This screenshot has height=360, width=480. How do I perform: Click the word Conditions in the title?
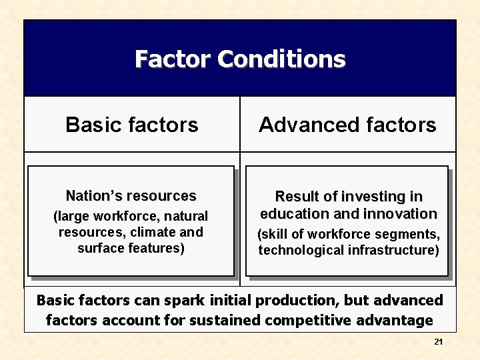click(x=281, y=59)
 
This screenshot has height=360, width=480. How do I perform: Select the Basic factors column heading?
click(x=132, y=125)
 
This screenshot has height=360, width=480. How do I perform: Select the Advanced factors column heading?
click(x=347, y=125)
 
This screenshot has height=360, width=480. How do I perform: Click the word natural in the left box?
click(x=186, y=216)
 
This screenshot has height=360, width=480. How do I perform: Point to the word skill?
click(x=275, y=235)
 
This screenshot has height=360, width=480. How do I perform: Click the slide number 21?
click(x=438, y=342)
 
